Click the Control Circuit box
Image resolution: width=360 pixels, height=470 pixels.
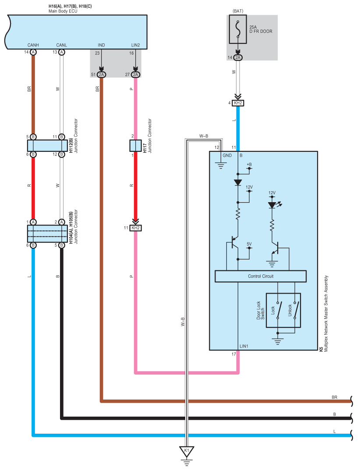[260, 276]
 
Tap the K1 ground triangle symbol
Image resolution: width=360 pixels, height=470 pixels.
[187, 451]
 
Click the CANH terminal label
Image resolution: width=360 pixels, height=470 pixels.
[33, 45]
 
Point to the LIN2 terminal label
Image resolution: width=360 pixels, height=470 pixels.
[135, 45]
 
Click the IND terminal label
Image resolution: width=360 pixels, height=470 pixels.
[101, 45]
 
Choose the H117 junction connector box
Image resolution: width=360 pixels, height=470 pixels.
[135, 145]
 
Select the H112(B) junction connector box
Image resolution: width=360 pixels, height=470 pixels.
[47, 145]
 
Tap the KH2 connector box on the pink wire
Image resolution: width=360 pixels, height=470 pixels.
[135, 228]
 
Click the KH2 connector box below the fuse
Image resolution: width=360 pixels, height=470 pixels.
[238, 103]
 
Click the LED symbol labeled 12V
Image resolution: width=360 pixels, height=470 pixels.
[272, 205]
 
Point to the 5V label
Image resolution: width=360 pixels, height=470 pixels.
[249, 244]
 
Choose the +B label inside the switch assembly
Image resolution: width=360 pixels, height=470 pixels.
[249, 164]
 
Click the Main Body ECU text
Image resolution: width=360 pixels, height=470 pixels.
[62, 10]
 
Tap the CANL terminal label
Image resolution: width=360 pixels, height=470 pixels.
[62, 45]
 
